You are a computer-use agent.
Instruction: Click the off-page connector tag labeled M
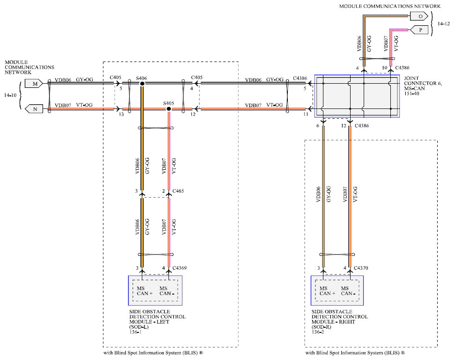pyautogui.click(x=35, y=83)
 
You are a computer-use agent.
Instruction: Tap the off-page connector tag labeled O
pyautogui.click(x=420, y=16)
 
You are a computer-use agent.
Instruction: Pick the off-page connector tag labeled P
pyautogui.click(x=420, y=30)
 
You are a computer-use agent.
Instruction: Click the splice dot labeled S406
pyautogui.click(x=142, y=83)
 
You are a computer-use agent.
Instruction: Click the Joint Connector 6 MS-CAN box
pyautogui.click(x=357, y=96)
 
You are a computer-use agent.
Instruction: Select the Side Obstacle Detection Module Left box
pyautogui.click(x=155, y=290)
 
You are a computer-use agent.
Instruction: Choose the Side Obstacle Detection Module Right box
pyautogui.click(x=337, y=290)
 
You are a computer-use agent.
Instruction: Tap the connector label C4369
pyautogui.click(x=180, y=268)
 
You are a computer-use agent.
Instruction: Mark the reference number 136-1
pyautogui.click(x=136, y=333)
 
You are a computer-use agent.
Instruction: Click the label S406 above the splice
pyautogui.click(x=141, y=77)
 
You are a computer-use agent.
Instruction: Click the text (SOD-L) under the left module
pyautogui.click(x=139, y=327)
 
